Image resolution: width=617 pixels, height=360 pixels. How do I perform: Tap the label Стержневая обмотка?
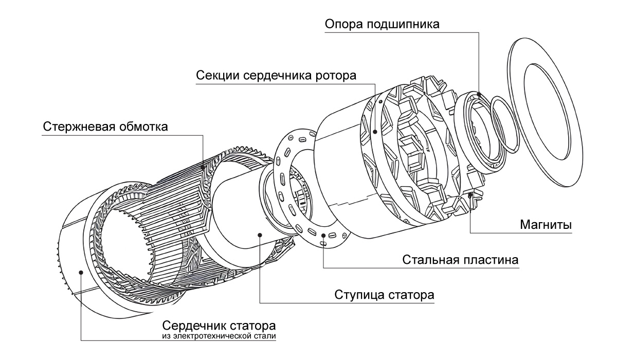tap(105, 127)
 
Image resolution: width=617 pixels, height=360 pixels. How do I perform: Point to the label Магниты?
tap(546, 225)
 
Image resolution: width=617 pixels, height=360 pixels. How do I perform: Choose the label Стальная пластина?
tap(461, 259)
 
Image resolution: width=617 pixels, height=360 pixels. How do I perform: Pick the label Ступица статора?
tap(385, 295)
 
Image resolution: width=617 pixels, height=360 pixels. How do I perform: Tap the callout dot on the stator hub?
tap(260, 235)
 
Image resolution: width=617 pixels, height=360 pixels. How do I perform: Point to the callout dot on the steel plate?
tap(323, 236)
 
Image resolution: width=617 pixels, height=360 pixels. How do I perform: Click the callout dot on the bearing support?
tap(479, 94)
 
